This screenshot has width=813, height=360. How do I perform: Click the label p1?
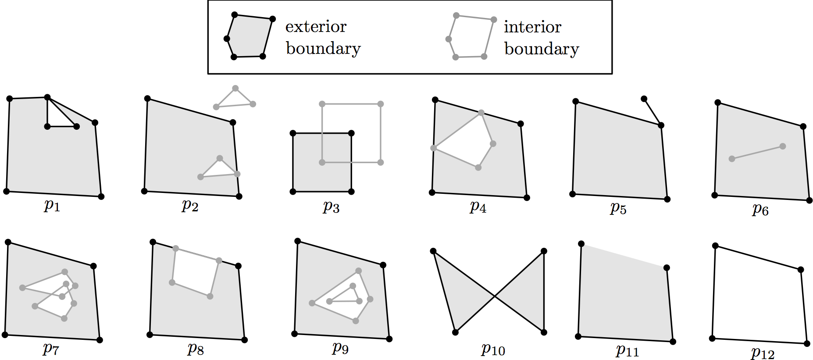point(52,205)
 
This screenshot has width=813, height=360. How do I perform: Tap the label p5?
point(618,208)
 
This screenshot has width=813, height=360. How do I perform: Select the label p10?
point(493,349)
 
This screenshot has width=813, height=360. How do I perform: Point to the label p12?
point(763,353)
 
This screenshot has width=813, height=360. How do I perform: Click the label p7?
point(51,349)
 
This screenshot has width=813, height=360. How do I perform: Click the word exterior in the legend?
point(316,27)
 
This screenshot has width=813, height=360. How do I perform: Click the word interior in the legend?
point(532,27)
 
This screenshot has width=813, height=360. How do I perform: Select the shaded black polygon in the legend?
point(250,37)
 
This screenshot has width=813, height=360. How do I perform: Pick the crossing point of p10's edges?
point(495,296)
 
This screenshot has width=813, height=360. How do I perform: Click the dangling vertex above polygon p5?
point(644,99)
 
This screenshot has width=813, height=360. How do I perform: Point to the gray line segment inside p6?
point(757,152)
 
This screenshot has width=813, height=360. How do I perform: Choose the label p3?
point(331,207)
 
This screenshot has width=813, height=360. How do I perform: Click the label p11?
point(627,350)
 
